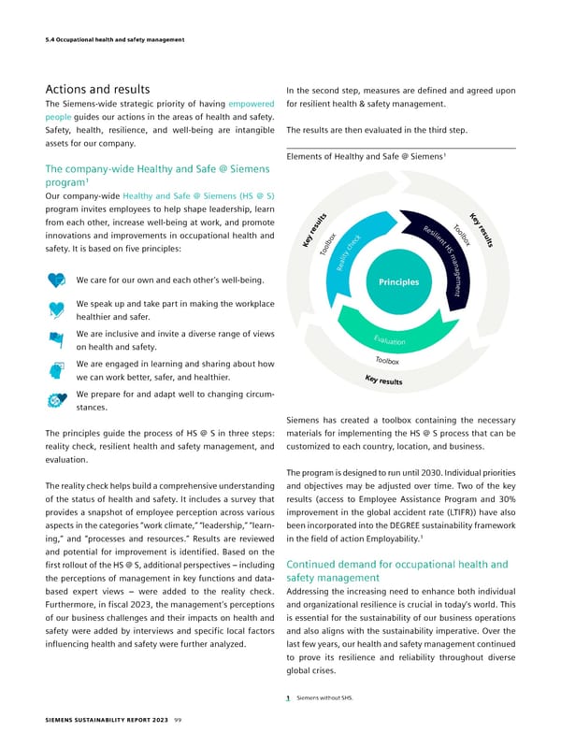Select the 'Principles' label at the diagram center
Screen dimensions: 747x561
[400, 281]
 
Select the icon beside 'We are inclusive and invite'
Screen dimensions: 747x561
[57, 341]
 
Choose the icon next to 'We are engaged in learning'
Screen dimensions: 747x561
[57, 371]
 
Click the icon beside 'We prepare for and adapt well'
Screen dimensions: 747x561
[57, 400]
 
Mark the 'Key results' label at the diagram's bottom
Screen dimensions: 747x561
[384, 380]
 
